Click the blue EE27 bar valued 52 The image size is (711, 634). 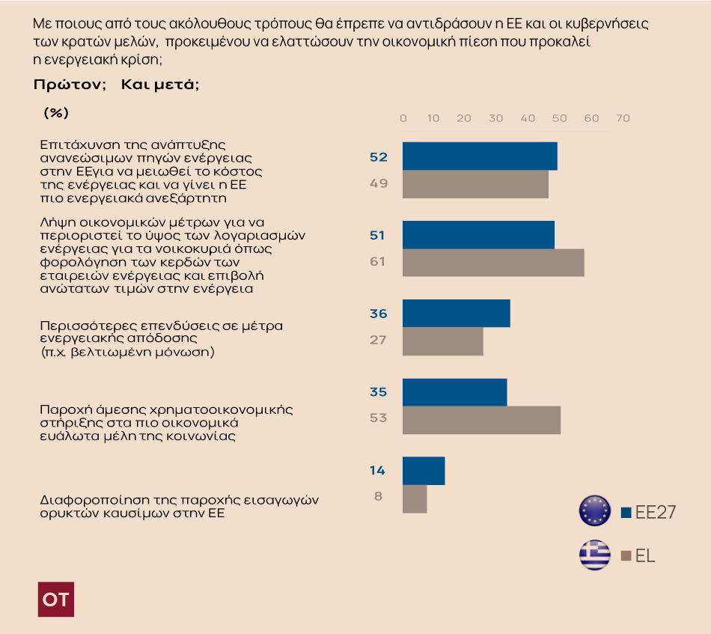coord(480,156)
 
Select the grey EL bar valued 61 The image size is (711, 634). coord(493,263)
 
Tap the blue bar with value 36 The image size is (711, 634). coord(457,313)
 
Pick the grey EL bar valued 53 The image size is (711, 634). coord(481,419)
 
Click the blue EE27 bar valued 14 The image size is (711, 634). coord(424,471)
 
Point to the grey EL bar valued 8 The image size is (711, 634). coord(415,499)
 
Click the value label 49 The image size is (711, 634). coord(379,183)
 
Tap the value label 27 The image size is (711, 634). coord(378,340)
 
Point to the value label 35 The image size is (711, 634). coord(378,391)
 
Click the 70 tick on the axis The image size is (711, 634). coord(623,118)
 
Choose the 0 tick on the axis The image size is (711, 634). coord(403,118)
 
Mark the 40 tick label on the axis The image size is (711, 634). coord(528,118)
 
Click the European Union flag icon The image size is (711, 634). coord(595,510)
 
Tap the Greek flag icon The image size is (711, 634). coord(595,555)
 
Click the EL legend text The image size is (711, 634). coord(645,556)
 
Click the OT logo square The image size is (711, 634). coord(56,599)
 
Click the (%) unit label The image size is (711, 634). coord(56,113)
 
